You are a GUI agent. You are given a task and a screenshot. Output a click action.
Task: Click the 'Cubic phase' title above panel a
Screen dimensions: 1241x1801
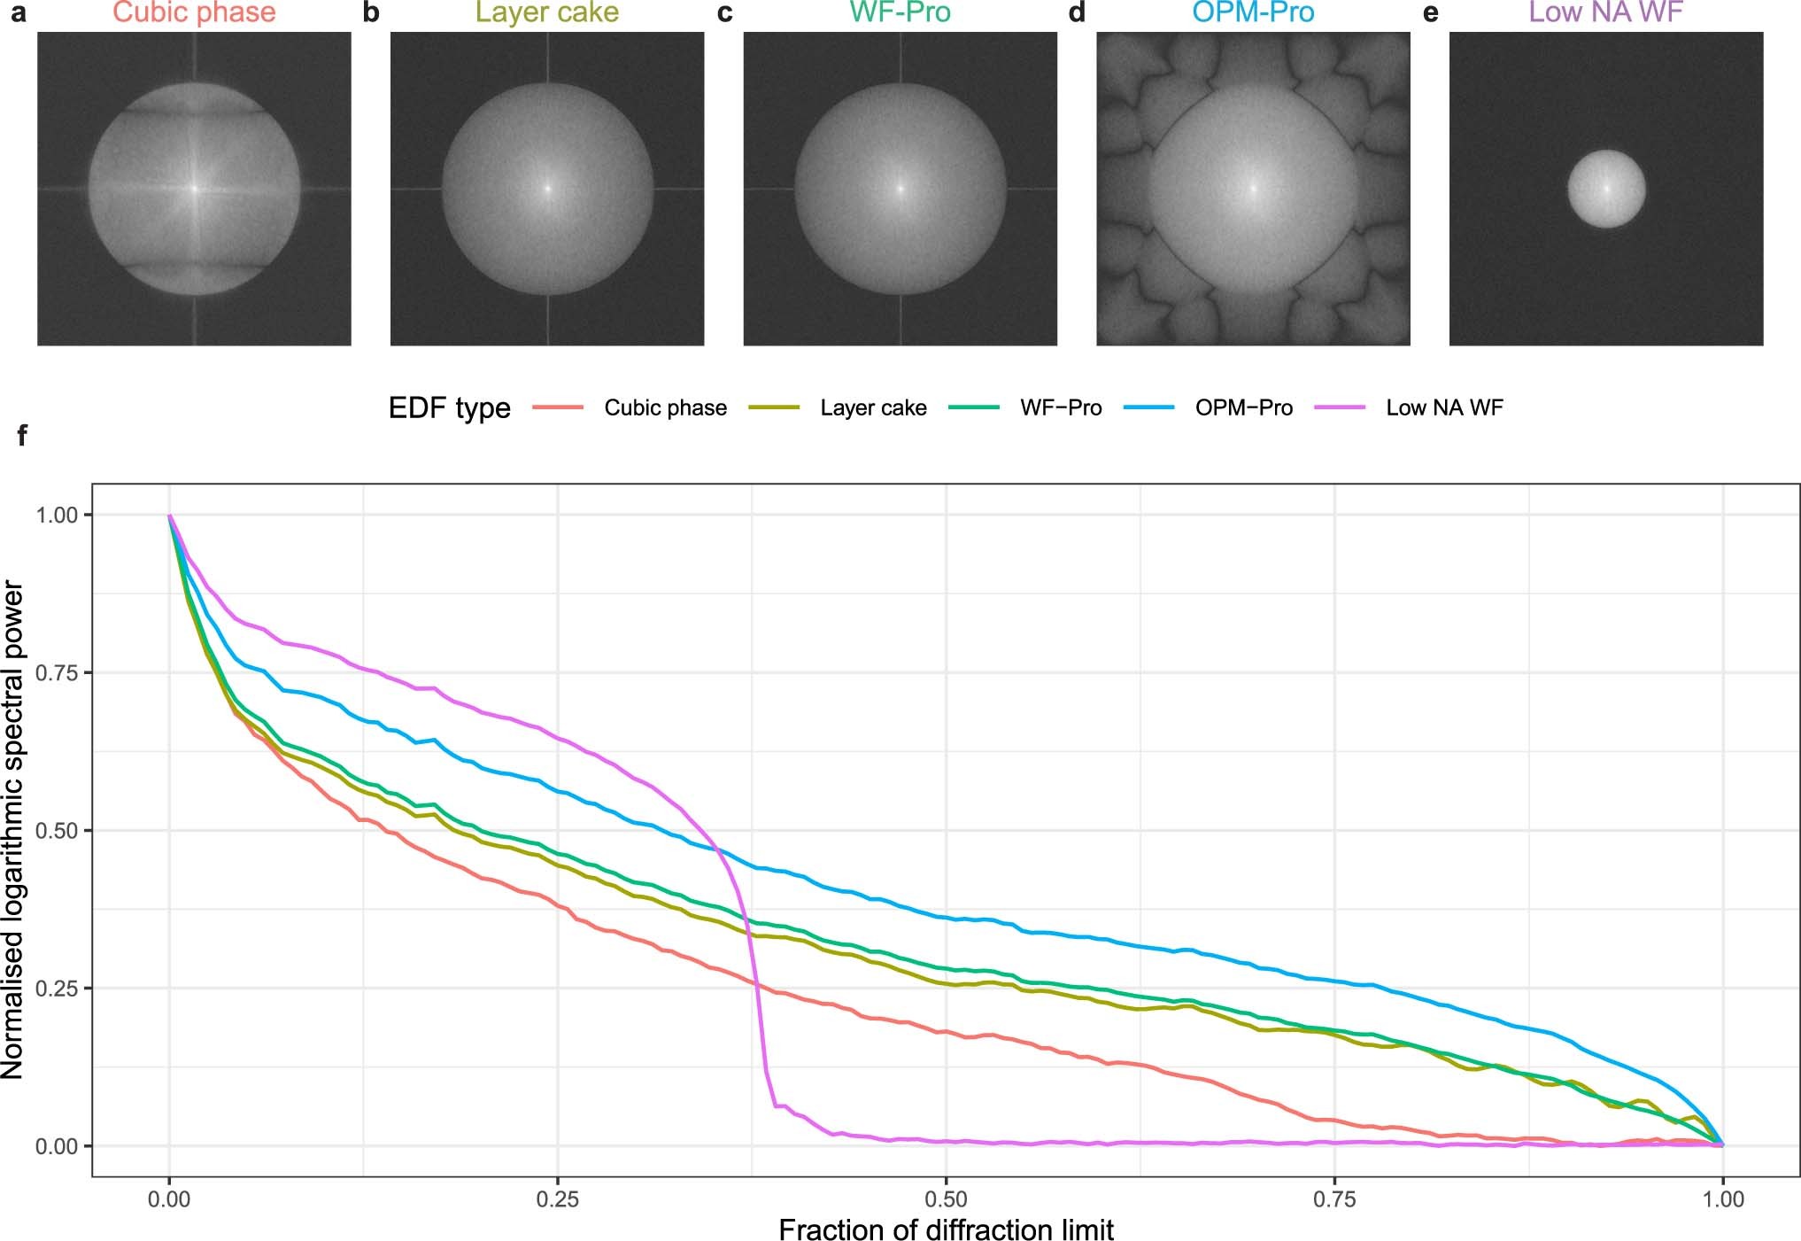point(194,12)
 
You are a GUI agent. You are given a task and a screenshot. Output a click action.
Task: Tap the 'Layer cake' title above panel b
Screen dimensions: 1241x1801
point(546,12)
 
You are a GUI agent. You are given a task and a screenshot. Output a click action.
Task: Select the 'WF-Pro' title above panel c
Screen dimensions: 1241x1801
point(900,12)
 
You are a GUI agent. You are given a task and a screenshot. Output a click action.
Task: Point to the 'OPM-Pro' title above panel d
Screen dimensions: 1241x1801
point(1253,12)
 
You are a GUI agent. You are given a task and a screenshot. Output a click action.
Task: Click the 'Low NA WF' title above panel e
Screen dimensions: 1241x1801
point(1605,12)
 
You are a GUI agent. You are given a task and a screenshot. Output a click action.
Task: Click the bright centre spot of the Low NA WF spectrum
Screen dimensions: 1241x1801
point(1606,188)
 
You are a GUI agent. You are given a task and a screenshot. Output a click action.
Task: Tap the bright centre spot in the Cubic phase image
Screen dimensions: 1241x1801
point(195,188)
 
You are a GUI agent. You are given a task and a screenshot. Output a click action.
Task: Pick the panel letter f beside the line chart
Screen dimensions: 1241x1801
point(21,435)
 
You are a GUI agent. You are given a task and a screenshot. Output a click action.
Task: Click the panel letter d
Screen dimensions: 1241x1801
point(1077,13)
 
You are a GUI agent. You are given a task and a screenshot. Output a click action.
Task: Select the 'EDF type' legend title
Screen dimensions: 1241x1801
point(450,408)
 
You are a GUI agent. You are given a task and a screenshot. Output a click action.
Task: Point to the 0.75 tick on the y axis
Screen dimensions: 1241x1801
point(57,673)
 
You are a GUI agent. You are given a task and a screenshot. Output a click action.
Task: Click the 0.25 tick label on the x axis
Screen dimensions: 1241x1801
point(557,1199)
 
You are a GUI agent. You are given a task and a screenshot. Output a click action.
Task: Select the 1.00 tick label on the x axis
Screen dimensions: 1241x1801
point(1722,1199)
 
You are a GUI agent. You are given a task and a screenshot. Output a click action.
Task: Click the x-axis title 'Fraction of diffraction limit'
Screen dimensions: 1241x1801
point(946,1229)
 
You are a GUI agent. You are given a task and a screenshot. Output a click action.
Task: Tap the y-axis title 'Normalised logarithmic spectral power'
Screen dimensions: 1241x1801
point(13,829)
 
